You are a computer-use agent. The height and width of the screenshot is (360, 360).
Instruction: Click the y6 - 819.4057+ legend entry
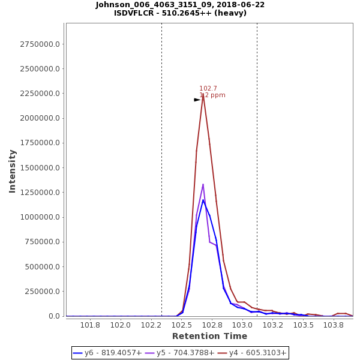(x=107, y=353)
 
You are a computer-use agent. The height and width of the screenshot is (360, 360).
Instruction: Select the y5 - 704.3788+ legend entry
(x=179, y=353)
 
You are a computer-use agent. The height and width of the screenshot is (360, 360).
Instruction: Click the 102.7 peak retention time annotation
(x=208, y=88)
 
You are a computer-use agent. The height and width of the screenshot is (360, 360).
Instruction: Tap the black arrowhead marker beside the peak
(x=197, y=100)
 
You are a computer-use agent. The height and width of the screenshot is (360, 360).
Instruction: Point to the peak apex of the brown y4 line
(x=203, y=94)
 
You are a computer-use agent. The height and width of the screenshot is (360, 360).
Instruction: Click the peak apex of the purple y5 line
(x=203, y=184)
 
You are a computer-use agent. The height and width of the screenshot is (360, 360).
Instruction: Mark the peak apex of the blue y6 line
(x=203, y=200)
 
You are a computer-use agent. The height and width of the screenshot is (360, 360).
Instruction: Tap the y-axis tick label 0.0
(x=55, y=316)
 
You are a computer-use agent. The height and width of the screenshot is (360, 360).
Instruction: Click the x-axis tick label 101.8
(x=91, y=325)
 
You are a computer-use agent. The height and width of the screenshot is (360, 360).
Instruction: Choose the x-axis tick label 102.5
(x=182, y=325)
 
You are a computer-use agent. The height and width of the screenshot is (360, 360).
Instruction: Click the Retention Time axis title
(x=209, y=336)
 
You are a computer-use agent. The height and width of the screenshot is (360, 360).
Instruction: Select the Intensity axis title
(x=12, y=171)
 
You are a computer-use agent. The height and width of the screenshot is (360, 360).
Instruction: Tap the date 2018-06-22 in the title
(x=242, y=5)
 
